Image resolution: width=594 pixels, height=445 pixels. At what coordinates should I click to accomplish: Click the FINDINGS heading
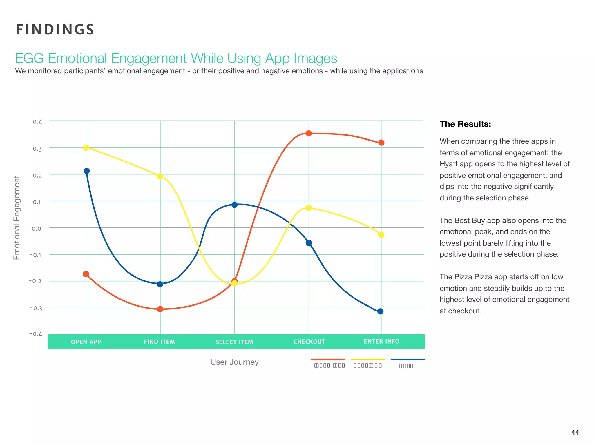tap(55, 30)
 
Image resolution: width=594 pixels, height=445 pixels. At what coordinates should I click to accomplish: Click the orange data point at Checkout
tap(309, 133)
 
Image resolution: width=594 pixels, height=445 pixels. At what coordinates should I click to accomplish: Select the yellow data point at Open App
tap(86, 147)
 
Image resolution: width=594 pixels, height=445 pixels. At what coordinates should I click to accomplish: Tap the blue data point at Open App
tap(86, 171)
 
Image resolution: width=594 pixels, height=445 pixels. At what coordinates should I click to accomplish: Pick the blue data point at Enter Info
tap(380, 311)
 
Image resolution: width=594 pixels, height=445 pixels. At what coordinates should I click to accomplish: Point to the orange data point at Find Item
tap(160, 309)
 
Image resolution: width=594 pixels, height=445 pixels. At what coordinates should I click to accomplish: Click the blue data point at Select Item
tap(234, 205)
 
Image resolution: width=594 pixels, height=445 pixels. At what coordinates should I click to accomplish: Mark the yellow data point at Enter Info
tap(381, 235)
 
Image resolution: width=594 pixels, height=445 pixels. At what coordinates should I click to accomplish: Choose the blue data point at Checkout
tap(309, 243)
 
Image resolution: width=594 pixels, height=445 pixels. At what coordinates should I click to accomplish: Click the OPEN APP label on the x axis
tap(86, 342)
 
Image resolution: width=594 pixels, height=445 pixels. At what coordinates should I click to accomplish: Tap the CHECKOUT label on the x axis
tap(309, 342)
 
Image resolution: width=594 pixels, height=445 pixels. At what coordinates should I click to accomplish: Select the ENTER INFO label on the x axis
tap(381, 342)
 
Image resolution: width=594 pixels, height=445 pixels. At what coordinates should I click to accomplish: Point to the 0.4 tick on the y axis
tap(37, 122)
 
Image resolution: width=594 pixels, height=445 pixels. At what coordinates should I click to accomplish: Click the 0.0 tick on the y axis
tap(37, 229)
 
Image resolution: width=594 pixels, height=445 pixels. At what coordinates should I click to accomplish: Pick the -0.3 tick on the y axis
tap(36, 308)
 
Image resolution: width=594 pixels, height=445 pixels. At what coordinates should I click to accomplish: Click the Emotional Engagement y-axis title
tap(17, 218)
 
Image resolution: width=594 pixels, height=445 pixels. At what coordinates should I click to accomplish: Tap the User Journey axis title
tap(234, 362)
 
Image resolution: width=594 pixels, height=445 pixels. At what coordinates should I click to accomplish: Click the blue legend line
tap(408, 360)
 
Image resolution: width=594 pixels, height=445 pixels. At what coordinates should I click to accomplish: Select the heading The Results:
tap(465, 124)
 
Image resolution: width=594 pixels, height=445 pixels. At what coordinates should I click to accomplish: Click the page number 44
tap(575, 433)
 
